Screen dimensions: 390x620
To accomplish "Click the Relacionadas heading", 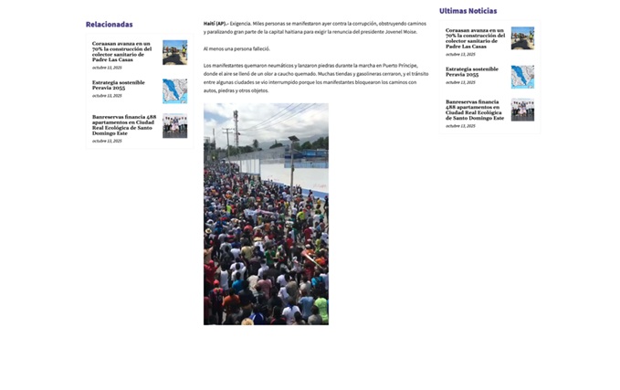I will coord(109,25).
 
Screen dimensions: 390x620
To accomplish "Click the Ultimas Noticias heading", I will coord(468,11).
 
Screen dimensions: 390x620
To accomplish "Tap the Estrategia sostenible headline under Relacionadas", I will coord(118,85).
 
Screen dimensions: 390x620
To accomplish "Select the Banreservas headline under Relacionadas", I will coord(123,124).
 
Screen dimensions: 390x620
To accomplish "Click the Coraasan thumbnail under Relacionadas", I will coord(174,52).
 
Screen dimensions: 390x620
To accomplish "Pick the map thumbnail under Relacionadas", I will coord(174,90).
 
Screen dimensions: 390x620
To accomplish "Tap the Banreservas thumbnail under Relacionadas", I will coord(174,126).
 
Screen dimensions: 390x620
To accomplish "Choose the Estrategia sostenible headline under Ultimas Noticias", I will coord(472,71).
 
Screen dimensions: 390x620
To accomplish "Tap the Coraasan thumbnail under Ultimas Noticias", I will coord(522,38).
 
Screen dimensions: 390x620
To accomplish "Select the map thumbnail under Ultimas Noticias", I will coord(522,76).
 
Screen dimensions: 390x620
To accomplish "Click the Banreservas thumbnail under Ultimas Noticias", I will coord(522,110).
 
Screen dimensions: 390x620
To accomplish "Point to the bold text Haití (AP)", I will coord(215,23).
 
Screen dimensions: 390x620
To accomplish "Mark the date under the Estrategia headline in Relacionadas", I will coord(107,96).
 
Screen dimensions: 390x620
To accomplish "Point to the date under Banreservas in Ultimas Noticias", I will coord(460,126).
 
